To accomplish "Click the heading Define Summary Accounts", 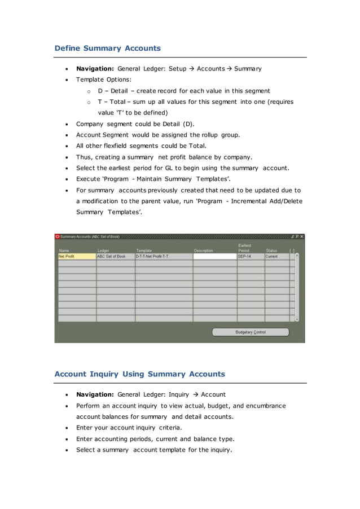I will pyautogui.click(x=107, y=49).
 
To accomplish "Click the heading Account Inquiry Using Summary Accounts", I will pyautogui.click(x=139, y=374).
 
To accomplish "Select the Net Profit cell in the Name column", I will pyautogui.click(x=77, y=256).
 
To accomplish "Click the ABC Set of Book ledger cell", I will pyautogui.click(x=115, y=256).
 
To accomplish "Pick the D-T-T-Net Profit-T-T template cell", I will pyautogui.click(x=163, y=256).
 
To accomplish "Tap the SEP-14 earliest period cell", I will pyautogui.click(x=250, y=256).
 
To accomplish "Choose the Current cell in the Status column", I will pyautogui.click(x=276, y=256).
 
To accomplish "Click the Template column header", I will pyautogui.click(x=144, y=251).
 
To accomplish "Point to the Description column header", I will pyautogui.click(x=204, y=251).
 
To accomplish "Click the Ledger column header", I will pyautogui.click(x=103, y=251).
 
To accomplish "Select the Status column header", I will pyautogui.click(x=271, y=251).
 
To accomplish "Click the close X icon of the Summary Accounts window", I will pyautogui.click(x=302, y=236).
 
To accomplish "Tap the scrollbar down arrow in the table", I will pyautogui.click(x=297, y=319).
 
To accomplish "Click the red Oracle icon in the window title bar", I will pyautogui.click(x=58, y=236).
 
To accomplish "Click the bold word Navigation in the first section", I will pyautogui.click(x=95, y=69).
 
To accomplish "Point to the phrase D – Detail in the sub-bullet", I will pyautogui.click(x=112, y=91).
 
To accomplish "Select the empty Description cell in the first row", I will pyautogui.click(x=214, y=256).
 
